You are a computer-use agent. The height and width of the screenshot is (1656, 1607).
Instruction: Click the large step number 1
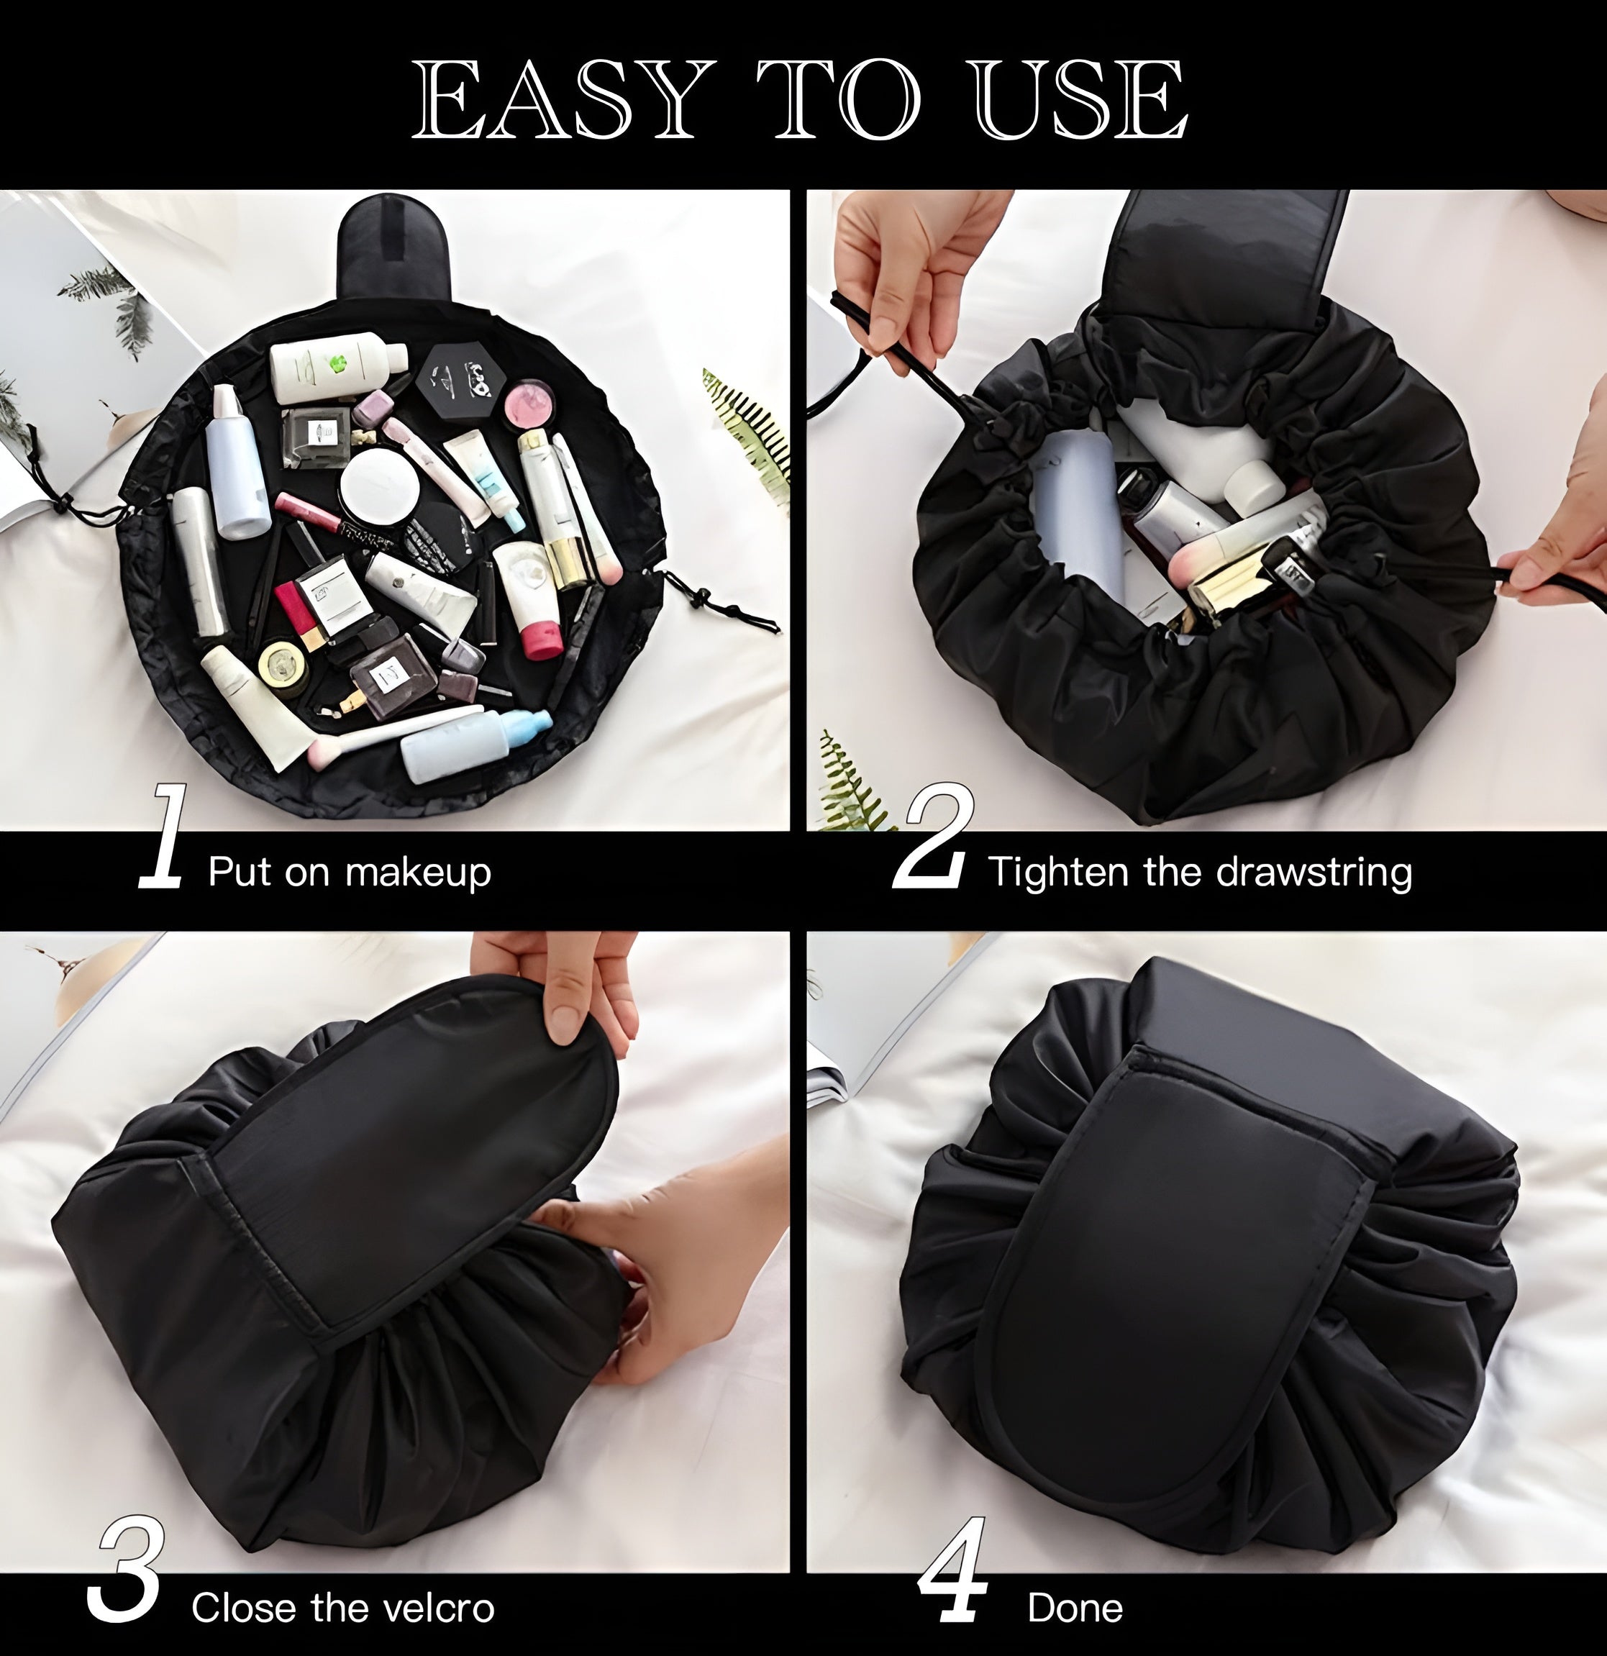point(164,836)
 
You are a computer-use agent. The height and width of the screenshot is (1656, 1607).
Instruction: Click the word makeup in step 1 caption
point(417,873)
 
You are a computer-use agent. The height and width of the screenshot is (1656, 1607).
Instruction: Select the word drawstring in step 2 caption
point(1314,873)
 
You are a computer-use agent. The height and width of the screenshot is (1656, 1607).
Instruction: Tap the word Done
point(1075,1608)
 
